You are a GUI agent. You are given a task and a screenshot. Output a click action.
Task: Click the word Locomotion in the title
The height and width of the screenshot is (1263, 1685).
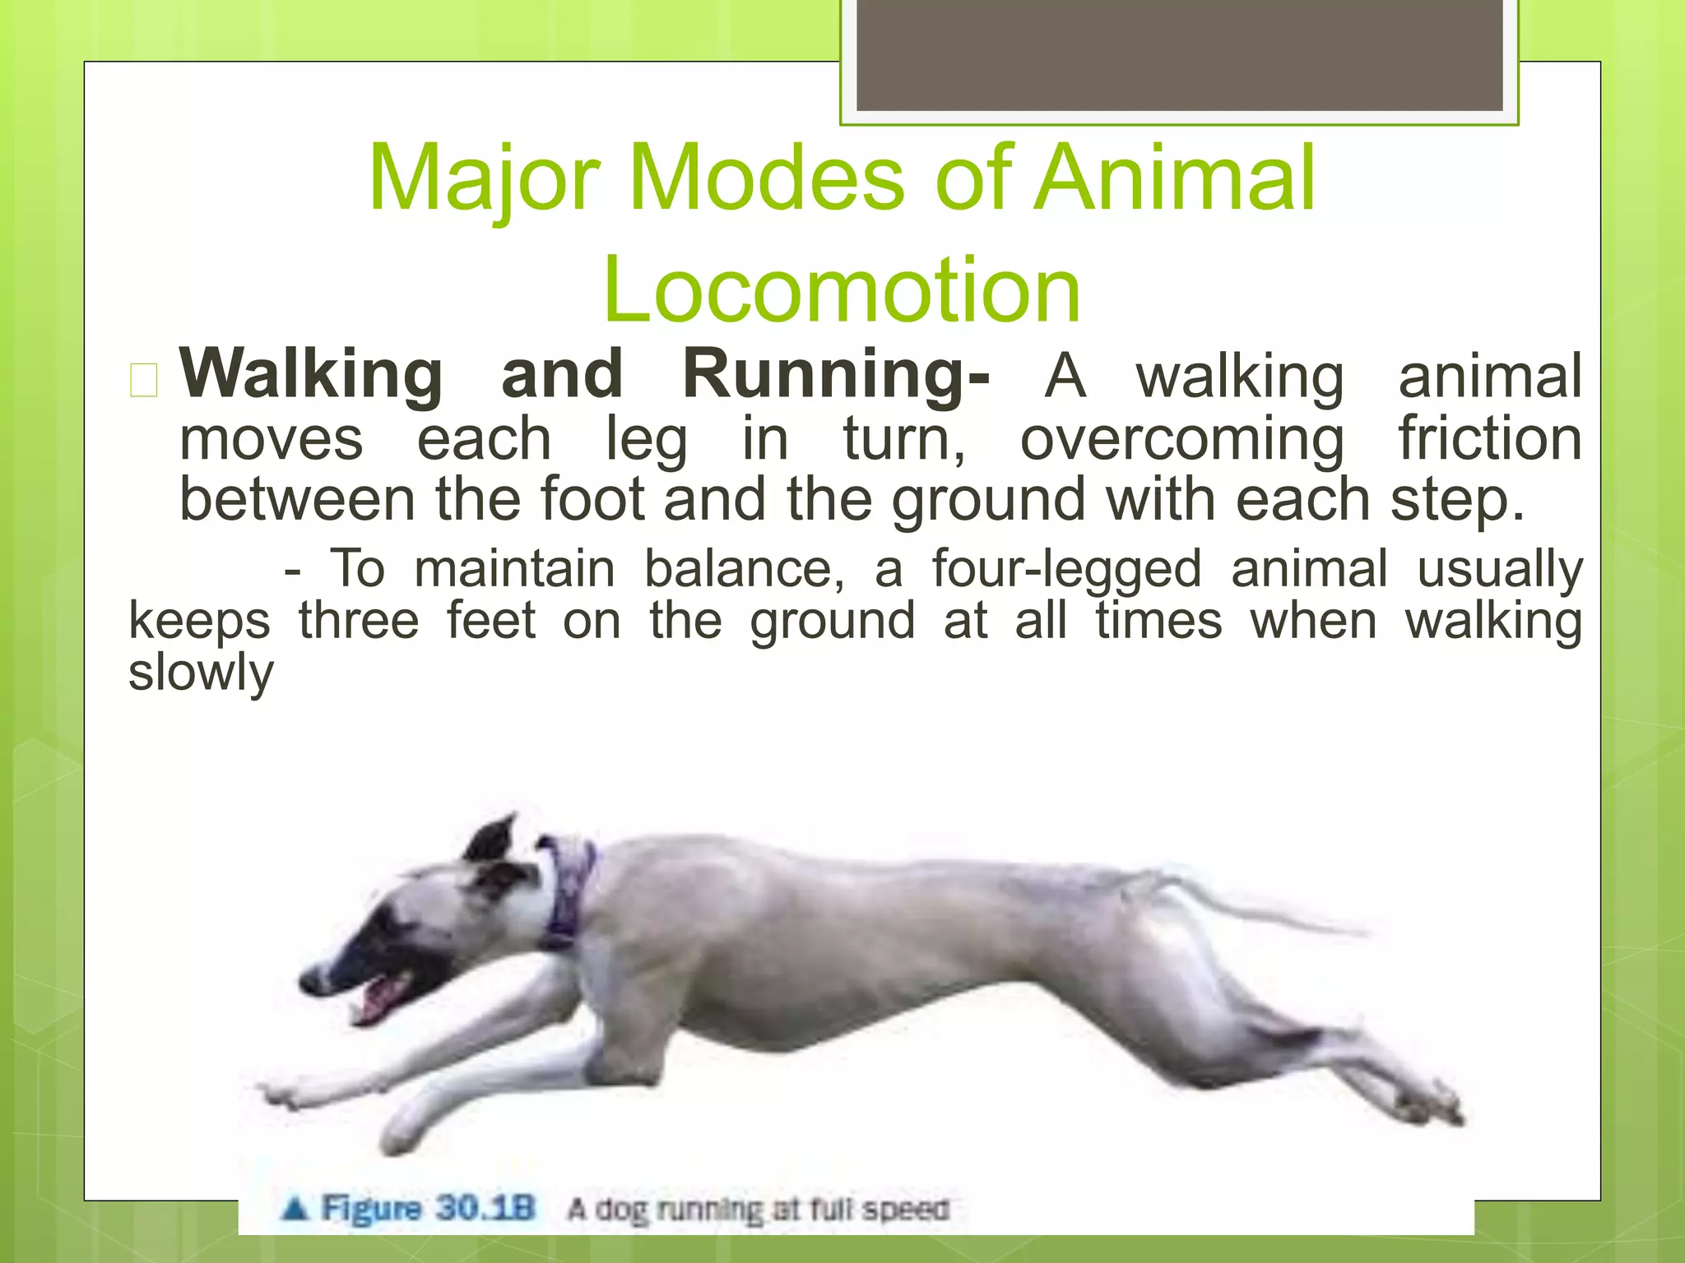point(841,290)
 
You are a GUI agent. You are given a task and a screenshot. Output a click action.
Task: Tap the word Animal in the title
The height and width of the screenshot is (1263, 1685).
point(1174,178)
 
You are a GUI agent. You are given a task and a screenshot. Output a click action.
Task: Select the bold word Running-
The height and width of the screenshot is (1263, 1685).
point(836,375)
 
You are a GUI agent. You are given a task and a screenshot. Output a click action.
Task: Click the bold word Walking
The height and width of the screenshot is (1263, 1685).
point(311,375)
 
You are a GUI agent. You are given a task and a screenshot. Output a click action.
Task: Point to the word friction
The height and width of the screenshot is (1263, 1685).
point(1490,438)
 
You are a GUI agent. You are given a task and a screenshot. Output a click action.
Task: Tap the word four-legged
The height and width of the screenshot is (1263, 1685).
point(1066,570)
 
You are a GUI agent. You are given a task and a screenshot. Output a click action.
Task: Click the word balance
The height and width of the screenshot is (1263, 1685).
point(743,570)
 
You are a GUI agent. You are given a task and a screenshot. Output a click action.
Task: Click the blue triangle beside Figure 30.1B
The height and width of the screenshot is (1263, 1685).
point(295,1209)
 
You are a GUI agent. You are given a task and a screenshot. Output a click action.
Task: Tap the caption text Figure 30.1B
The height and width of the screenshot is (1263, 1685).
point(428,1209)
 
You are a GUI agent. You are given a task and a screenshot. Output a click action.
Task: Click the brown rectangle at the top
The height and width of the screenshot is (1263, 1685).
point(1179,55)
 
